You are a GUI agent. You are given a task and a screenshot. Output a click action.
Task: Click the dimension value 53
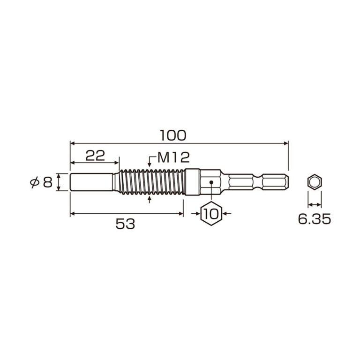point(125,224)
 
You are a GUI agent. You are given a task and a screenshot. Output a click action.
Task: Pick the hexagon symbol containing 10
point(211,214)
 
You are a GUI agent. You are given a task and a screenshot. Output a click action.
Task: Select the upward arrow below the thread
point(150,199)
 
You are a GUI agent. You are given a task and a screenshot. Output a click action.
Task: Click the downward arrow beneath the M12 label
point(150,165)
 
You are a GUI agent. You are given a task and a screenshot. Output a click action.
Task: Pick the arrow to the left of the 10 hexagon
point(196,214)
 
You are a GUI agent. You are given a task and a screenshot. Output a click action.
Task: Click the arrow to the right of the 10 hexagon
point(227,214)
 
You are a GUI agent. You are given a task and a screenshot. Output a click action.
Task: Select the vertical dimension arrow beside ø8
point(59,182)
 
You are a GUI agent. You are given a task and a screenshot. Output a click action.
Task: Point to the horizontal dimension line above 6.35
point(315,204)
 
